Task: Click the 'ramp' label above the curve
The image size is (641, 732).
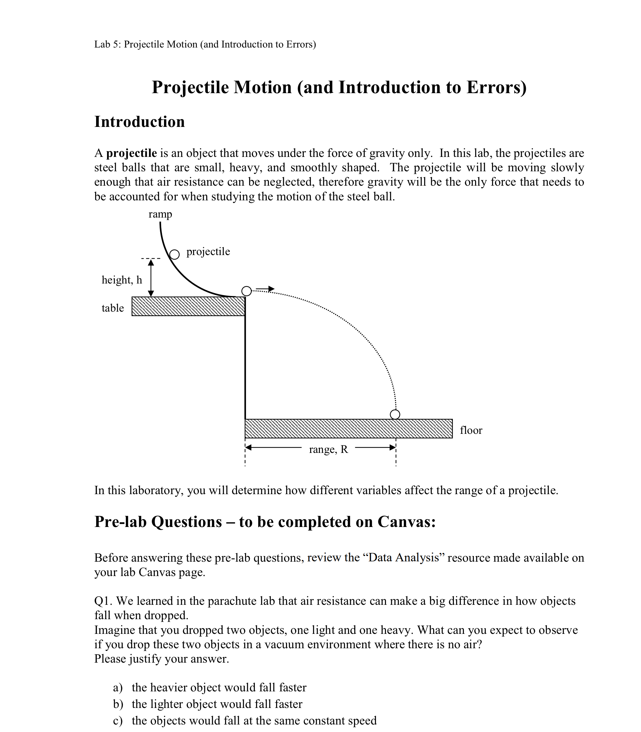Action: pos(160,214)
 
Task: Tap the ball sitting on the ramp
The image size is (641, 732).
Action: pos(174,254)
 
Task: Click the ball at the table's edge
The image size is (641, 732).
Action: pos(246,291)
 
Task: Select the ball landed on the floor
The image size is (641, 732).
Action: pos(395,414)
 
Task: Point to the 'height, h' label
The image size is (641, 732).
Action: pos(122,280)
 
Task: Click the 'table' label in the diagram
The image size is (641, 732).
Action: pos(113,308)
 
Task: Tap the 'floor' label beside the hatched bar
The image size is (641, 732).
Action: pos(471,430)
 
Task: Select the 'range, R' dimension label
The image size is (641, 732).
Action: pos(328,449)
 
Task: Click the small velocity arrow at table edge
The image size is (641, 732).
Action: pos(265,289)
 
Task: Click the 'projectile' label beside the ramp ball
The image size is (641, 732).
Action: pos(208,252)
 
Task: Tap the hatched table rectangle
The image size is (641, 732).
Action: pos(188,306)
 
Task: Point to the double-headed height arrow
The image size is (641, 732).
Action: pos(151,278)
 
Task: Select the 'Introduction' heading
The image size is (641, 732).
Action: pos(140,122)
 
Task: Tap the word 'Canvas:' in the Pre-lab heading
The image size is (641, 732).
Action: pos(407,522)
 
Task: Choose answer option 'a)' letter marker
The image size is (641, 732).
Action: pos(118,687)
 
